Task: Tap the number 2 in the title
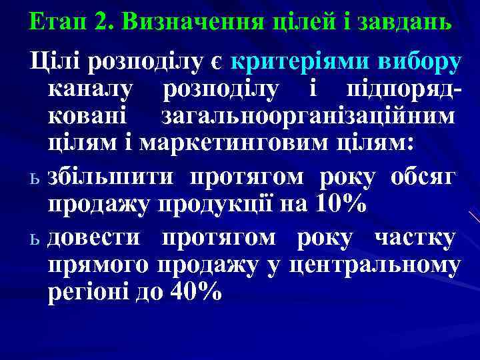tap(102, 23)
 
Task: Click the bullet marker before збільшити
tap(36, 179)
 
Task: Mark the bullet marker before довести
tap(36, 238)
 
